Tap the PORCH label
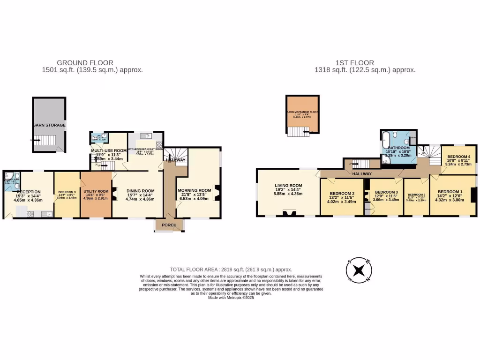(x=169, y=225)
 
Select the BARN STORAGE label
(x=49, y=126)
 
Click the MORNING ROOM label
(x=195, y=190)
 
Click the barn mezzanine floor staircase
(x=296, y=132)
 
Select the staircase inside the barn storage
(x=45, y=140)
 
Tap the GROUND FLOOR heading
(x=85, y=63)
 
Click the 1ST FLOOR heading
(x=354, y=63)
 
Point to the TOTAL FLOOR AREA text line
(x=231, y=270)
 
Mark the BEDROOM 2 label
(x=342, y=194)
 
